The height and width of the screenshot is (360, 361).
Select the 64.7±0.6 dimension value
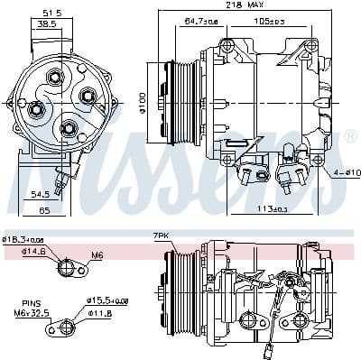click(x=202, y=20)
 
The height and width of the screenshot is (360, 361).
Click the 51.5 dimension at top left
click(x=52, y=13)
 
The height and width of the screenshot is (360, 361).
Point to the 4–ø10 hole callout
click(x=346, y=172)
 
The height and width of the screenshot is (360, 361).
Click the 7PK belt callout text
click(x=162, y=235)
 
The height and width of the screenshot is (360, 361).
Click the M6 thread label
click(x=97, y=256)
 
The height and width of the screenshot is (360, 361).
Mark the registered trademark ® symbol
click(x=350, y=136)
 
